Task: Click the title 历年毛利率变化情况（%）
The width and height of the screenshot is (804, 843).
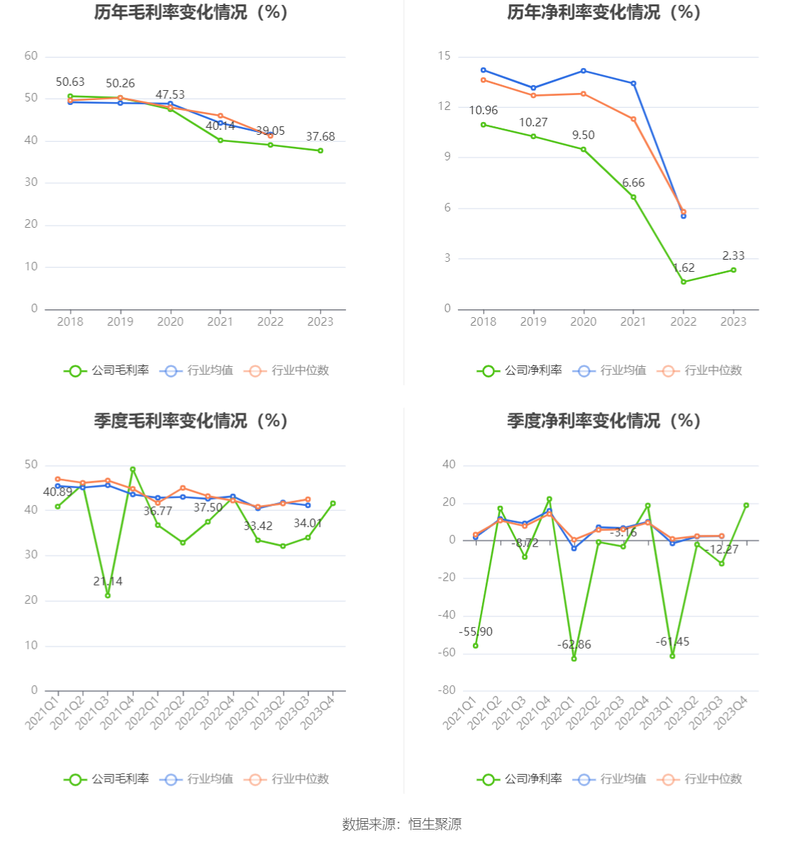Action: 191,13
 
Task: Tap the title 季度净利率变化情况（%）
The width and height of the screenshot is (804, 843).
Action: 604,421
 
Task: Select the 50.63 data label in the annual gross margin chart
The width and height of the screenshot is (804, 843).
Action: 70,82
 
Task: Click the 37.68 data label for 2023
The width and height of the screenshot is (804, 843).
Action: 320,137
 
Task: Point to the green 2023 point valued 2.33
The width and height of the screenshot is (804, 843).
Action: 733,270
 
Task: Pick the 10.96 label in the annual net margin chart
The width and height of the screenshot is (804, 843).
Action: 484,111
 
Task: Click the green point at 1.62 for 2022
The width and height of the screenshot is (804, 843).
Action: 683,282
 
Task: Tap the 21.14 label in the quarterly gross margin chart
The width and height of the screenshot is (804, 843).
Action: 108,582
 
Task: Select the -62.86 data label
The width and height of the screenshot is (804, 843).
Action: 574,645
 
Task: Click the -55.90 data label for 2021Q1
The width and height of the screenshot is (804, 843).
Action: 476,632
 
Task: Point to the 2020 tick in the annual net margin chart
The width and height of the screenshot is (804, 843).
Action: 584,322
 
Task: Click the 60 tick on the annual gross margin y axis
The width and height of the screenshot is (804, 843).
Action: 31,56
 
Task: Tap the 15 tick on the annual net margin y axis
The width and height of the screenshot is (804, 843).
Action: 445,56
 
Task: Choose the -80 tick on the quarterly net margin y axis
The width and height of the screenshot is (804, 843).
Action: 447,690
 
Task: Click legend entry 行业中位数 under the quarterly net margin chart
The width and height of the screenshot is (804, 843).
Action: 713,779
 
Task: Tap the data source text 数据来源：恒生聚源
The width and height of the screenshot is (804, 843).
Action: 402,825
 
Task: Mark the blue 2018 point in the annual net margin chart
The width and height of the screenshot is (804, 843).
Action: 484,70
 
